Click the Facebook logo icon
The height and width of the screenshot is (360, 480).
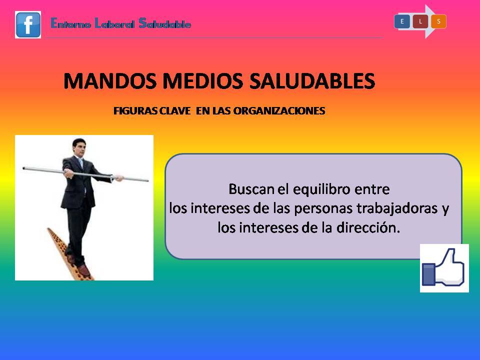28,25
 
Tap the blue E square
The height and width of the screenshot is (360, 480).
402,21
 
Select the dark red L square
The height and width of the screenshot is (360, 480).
420,21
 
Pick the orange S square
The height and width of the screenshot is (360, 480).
438,21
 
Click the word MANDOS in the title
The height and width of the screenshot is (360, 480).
110,81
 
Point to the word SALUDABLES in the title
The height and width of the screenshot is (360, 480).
312,81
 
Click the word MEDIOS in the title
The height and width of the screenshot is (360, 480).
202,81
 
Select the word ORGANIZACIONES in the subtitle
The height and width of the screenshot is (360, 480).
279,111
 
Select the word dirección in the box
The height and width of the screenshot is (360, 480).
368,227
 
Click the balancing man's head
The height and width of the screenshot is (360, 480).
78,147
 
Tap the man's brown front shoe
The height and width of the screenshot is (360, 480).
83,270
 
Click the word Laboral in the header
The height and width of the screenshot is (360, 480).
114,23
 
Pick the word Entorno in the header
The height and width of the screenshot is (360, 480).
70,23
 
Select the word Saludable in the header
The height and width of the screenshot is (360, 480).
164,23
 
